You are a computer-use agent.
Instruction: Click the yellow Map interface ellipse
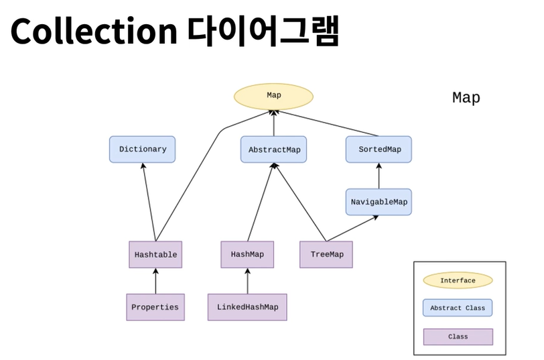click(x=273, y=95)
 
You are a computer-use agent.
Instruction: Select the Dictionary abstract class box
click(x=142, y=149)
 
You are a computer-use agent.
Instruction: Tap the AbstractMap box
click(x=274, y=149)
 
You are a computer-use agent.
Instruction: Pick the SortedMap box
click(x=379, y=149)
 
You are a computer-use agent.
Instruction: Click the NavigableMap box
click(x=379, y=201)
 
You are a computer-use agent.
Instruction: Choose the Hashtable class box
click(x=155, y=255)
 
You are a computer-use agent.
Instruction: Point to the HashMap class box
click(x=247, y=255)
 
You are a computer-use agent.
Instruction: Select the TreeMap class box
click(x=326, y=255)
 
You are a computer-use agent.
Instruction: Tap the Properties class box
click(x=155, y=307)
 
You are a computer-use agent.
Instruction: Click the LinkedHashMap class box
click(x=247, y=307)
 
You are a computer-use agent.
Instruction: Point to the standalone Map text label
click(x=466, y=98)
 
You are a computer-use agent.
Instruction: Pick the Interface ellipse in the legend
click(x=458, y=280)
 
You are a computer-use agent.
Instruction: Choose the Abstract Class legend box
click(x=458, y=308)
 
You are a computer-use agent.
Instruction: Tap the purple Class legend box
click(x=458, y=336)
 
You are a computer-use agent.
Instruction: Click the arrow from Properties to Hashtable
click(x=155, y=281)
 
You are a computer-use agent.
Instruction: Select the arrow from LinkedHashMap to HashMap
click(x=247, y=281)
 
